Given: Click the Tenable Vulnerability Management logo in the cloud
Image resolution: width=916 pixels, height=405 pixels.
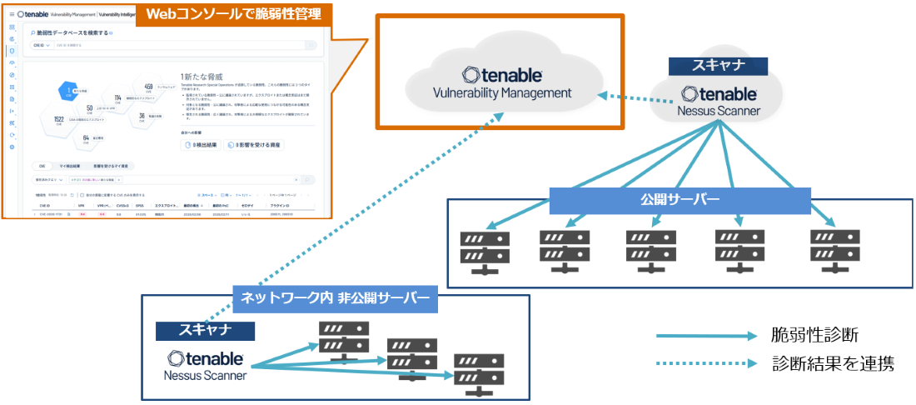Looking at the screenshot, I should click(x=502, y=82).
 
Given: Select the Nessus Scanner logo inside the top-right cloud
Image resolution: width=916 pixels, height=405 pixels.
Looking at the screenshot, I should click(x=719, y=101).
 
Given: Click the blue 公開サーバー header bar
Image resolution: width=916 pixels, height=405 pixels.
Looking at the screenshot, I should click(x=680, y=201).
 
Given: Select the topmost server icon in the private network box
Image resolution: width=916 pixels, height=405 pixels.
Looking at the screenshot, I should click(x=343, y=340).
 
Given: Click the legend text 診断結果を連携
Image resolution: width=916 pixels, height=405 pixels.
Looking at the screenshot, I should click(x=832, y=364).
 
